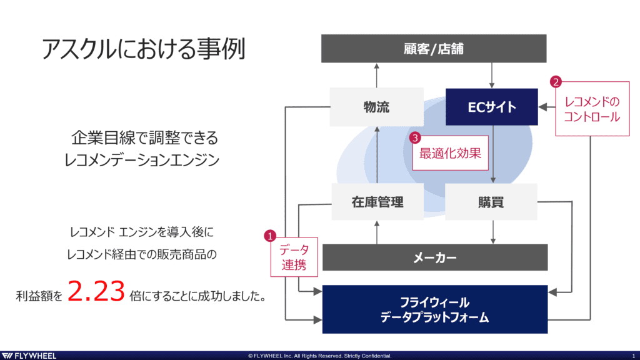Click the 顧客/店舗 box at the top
coord(434,49)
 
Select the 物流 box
coord(376,107)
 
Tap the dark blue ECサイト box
coord(491,107)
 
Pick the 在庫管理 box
coord(377,202)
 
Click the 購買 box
coord(491,202)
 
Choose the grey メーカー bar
coord(435,257)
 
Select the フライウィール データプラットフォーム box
coord(435,309)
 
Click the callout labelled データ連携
coord(294,257)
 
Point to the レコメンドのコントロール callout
coord(592,109)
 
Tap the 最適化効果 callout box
coord(450,153)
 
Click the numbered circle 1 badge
coord(270,236)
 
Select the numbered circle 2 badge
coord(556,82)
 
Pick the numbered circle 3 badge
coord(415,137)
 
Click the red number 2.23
coord(96,291)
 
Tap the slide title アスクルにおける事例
coord(143,49)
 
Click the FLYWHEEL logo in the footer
coord(29,356)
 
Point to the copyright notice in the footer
coord(319,356)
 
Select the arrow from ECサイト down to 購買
coord(493,154)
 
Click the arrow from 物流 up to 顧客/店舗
coord(377,76)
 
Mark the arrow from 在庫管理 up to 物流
coord(377,155)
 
